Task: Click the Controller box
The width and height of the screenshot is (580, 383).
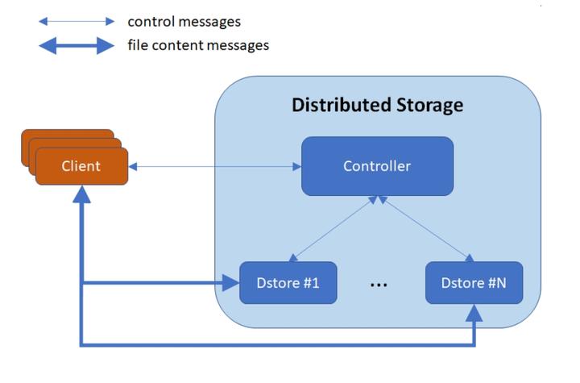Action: tap(376, 166)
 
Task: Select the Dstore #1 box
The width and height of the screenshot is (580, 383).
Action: tap(287, 282)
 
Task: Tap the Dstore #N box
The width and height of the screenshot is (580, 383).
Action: tap(473, 282)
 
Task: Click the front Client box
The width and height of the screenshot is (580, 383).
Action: tap(81, 167)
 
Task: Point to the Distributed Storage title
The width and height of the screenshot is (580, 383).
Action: tap(377, 105)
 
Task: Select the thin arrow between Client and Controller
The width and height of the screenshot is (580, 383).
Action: tap(214, 167)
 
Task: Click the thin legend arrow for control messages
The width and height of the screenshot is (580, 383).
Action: tap(77, 22)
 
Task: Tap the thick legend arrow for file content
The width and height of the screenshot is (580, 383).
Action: tap(77, 45)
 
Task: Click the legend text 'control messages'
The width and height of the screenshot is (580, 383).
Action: tap(184, 22)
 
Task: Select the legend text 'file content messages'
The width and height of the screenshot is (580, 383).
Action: tap(197, 45)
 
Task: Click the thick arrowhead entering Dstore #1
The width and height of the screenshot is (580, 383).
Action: tap(230, 283)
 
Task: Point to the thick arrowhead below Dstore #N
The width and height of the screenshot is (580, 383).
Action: tap(474, 313)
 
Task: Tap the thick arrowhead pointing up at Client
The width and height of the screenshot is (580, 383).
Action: tap(81, 195)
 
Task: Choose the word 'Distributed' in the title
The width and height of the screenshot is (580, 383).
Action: tap(339, 105)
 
